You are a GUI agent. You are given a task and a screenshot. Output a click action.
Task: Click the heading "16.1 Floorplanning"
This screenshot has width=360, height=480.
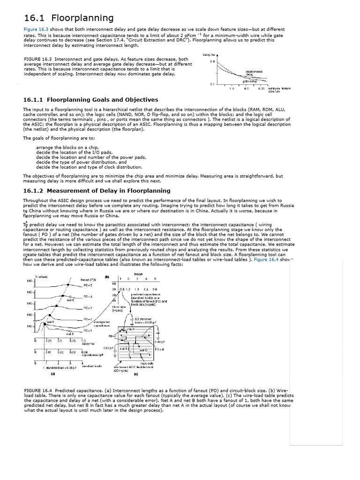click(x=68, y=18)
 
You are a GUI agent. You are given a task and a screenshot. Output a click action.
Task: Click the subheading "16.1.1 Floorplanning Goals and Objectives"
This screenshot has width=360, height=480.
click(x=90, y=100)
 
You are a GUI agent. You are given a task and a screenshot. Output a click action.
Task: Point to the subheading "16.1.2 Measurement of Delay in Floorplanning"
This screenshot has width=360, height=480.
click(x=97, y=191)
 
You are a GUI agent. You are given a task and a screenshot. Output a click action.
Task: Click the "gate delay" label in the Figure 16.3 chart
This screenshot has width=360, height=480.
click(x=249, y=81)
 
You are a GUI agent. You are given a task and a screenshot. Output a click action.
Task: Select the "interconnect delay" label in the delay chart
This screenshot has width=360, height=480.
click(x=254, y=73)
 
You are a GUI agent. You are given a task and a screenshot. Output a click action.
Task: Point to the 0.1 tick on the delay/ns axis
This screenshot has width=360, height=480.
click(x=212, y=84)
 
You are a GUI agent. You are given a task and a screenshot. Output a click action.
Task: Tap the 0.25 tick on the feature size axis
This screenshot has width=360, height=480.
click(x=262, y=88)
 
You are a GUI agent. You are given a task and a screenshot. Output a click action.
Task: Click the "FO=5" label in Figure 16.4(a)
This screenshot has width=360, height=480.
click(x=88, y=285)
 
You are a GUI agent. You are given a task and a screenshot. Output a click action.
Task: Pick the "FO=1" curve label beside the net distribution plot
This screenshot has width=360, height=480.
click(x=88, y=330)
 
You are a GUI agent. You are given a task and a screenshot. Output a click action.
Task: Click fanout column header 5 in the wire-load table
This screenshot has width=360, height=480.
click(x=155, y=279)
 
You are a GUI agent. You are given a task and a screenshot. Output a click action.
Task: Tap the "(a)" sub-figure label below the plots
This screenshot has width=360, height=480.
click(x=52, y=374)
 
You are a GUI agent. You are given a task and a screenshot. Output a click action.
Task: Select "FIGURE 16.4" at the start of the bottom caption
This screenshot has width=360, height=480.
click(x=37, y=390)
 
